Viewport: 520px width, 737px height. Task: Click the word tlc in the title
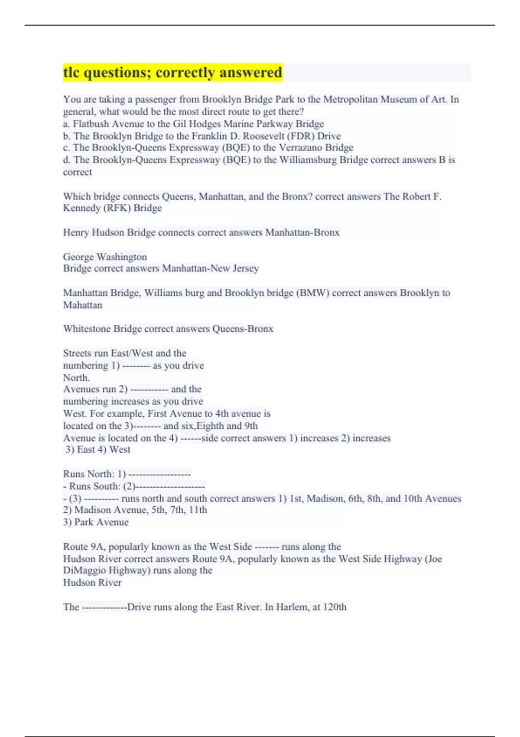(71, 72)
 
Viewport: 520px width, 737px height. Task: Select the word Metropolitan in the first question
(350, 99)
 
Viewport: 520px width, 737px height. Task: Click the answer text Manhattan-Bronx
(302, 232)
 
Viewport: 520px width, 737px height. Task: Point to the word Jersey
(245, 268)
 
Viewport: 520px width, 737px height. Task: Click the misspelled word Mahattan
(83, 305)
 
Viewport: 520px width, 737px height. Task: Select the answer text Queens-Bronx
(243, 329)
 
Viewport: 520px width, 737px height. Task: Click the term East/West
(132, 353)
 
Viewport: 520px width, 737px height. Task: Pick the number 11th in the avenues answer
(198, 510)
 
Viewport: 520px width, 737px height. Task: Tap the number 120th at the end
(335, 607)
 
